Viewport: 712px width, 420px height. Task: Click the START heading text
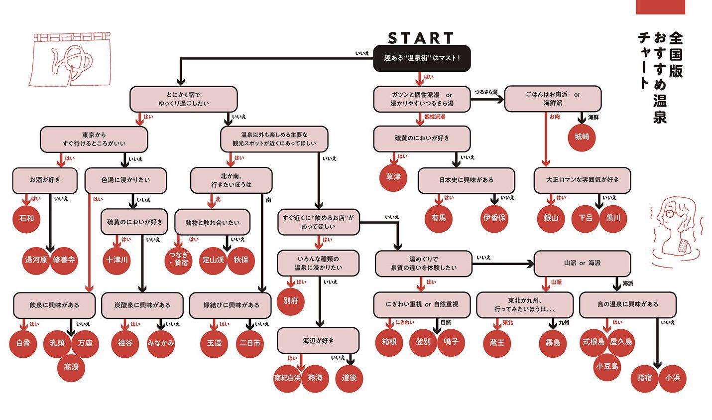tap(421, 38)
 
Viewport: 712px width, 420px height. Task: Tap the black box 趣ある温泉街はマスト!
tap(421, 58)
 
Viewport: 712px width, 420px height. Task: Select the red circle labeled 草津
tap(393, 177)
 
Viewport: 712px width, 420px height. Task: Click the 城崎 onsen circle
tap(582, 136)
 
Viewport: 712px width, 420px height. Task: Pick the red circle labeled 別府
tap(290, 301)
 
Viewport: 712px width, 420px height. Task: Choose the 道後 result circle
tap(349, 377)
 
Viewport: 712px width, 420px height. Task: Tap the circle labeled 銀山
tap(551, 218)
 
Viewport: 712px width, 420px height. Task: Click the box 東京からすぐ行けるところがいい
tap(94, 139)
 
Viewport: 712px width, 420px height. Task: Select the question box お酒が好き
tap(45, 180)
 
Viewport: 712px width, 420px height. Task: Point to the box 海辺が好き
tap(318, 341)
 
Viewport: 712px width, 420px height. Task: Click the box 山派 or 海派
tap(582, 263)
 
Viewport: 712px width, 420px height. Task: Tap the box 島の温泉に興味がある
tap(627, 304)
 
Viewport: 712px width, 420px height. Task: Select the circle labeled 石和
tap(26, 218)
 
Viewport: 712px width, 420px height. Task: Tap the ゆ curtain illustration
tap(68, 59)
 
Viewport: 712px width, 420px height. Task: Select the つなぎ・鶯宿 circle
tap(178, 259)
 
